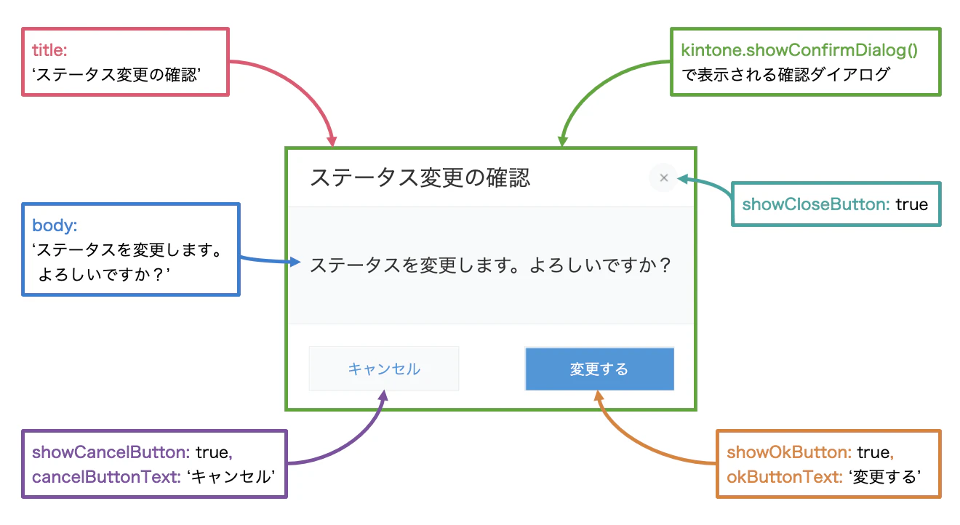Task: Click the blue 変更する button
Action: [599, 369]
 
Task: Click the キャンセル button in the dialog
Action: [384, 369]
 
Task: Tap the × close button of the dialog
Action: [663, 177]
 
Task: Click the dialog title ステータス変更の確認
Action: [420, 177]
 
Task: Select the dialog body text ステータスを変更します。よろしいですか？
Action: [490, 265]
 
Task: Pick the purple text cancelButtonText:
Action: [105, 477]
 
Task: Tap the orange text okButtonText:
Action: [783, 477]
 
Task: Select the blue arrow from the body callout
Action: [269, 260]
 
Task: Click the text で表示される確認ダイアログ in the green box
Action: [785, 74]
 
